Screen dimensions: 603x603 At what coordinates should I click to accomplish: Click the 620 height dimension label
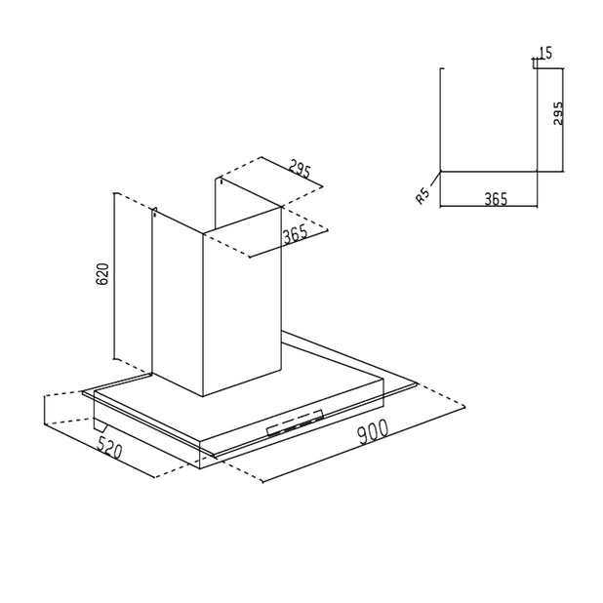coord(102,274)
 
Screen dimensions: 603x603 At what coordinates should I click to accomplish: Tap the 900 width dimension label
coord(373,431)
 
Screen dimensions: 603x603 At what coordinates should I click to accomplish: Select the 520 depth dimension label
coord(109,448)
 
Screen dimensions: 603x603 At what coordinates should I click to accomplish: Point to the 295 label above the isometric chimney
coord(300,169)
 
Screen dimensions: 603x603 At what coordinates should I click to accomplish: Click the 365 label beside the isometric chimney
coord(296,235)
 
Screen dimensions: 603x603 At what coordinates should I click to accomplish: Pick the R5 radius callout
coord(423,196)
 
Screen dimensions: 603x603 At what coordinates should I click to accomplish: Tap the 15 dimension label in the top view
coord(545,53)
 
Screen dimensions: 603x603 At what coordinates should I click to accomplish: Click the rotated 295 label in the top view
coord(557,113)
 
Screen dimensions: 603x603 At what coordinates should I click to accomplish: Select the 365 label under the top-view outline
coord(496,199)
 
